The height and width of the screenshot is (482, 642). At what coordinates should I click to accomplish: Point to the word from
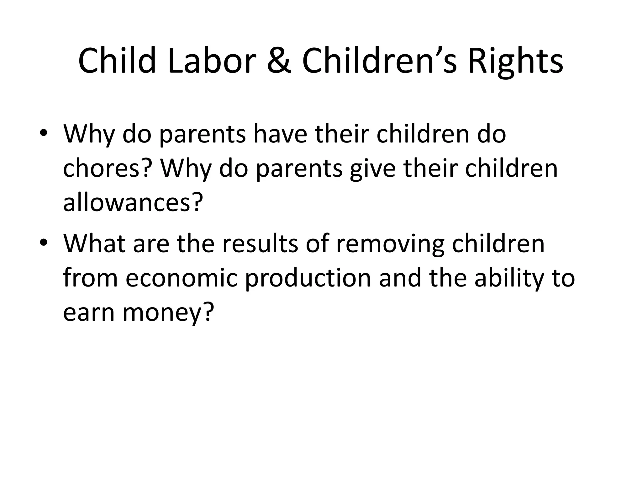(x=90, y=278)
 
